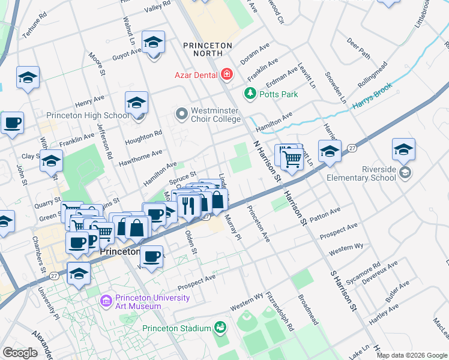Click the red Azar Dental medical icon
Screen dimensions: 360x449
(227, 74)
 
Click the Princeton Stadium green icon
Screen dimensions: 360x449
(220, 328)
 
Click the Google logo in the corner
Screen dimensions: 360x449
(20, 352)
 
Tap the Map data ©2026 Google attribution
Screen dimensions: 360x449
(412, 355)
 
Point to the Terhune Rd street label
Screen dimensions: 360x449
(34, 26)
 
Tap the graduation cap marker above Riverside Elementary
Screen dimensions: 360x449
(403, 150)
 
